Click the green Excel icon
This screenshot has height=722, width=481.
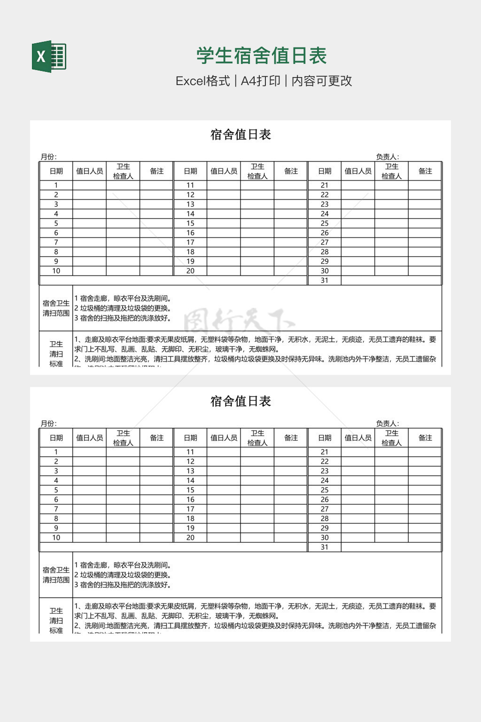click(49, 56)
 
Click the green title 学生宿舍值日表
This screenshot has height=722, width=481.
click(262, 56)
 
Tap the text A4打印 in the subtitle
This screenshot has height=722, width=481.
click(260, 81)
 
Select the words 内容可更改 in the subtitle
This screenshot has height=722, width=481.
click(322, 81)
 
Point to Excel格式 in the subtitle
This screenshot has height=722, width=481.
click(203, 81)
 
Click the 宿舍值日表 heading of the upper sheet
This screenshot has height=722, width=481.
click(240, 135)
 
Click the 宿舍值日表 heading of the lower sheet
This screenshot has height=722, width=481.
click(240, 401)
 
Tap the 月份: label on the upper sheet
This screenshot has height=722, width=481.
click(48, 157)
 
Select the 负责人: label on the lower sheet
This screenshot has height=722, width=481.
click(387, 424)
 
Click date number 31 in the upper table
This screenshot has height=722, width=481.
click(325, 281)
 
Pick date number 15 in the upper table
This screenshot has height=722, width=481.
click(190, 223)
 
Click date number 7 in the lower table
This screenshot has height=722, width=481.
click(56, 509)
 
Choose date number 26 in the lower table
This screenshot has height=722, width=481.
click(325, 500)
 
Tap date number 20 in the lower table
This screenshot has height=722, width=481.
click(190, 538)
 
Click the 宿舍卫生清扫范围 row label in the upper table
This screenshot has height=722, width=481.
click(56, 308)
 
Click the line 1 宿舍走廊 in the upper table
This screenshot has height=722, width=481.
click(123, 298)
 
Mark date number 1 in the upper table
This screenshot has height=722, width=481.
click(56, 185)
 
